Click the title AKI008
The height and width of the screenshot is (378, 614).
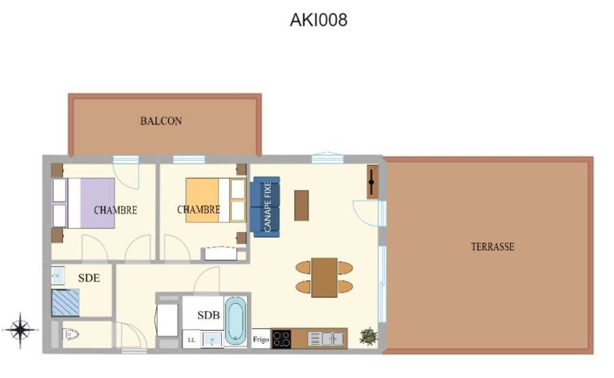(x=319, y=20)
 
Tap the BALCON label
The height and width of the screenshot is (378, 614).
(x=161, y=121)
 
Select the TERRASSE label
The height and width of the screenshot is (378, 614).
(x=493, y=247)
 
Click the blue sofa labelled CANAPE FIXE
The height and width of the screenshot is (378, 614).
(x=267, y=207)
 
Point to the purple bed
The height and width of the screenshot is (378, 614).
(x=83, y=203)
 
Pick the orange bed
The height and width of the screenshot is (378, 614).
(x=216, y=200)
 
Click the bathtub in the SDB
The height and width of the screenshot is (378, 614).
(x=236, y=321)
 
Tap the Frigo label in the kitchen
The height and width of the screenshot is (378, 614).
(x=261, y=339)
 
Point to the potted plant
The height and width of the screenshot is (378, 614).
(x=368, y=336)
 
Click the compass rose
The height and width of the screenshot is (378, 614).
(x=20, y=330)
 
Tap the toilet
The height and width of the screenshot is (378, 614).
(x=71, y=334)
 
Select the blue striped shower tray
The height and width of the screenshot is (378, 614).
(x=65, y=303)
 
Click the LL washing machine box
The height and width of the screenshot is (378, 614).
(x=192, y=340)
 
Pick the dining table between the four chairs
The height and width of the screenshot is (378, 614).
(x=325, y=277)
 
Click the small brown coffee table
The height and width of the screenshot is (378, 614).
(x=302, y=205)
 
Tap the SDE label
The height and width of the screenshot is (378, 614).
(x=89, y=278)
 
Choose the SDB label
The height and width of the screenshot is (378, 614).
(x=209, y=315)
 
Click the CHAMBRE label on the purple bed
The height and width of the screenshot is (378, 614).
(x=115, y=210)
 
